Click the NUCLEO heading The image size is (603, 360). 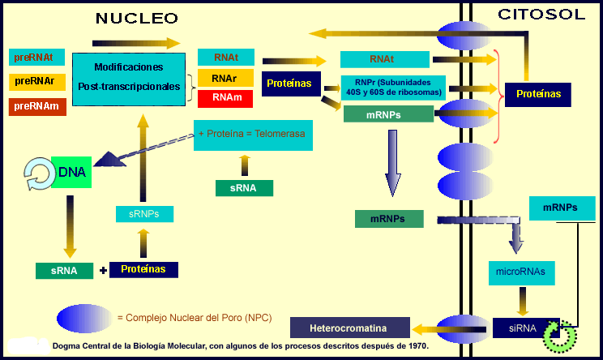point(136,18)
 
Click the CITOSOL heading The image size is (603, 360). point(541,15)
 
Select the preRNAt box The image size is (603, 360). point(37,58)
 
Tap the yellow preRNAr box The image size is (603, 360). point(37,82)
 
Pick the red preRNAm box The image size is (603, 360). point(37,106)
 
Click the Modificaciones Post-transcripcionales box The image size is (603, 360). point(129,79)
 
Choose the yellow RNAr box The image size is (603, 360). point(226,78)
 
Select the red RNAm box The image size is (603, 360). point(225,98)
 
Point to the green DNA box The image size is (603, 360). point(71,172)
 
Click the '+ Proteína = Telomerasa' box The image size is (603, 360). point(253,135)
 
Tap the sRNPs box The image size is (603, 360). point(144,214)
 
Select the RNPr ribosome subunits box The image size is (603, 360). point(393,88)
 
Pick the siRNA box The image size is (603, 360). point(523,328)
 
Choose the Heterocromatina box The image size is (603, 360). point(350,328)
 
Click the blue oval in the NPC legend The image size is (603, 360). point(84,319)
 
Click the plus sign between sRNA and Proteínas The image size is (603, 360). point(103,271)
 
